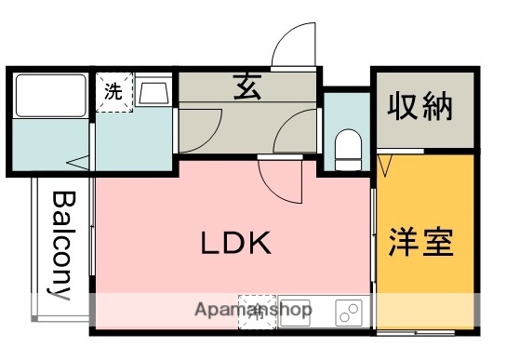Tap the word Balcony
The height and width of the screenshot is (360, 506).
pos(62,246)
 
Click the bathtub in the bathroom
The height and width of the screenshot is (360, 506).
pos(50,96)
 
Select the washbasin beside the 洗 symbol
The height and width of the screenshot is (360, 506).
pos(154,93)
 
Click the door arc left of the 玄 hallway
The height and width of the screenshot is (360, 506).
pos(200,128)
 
